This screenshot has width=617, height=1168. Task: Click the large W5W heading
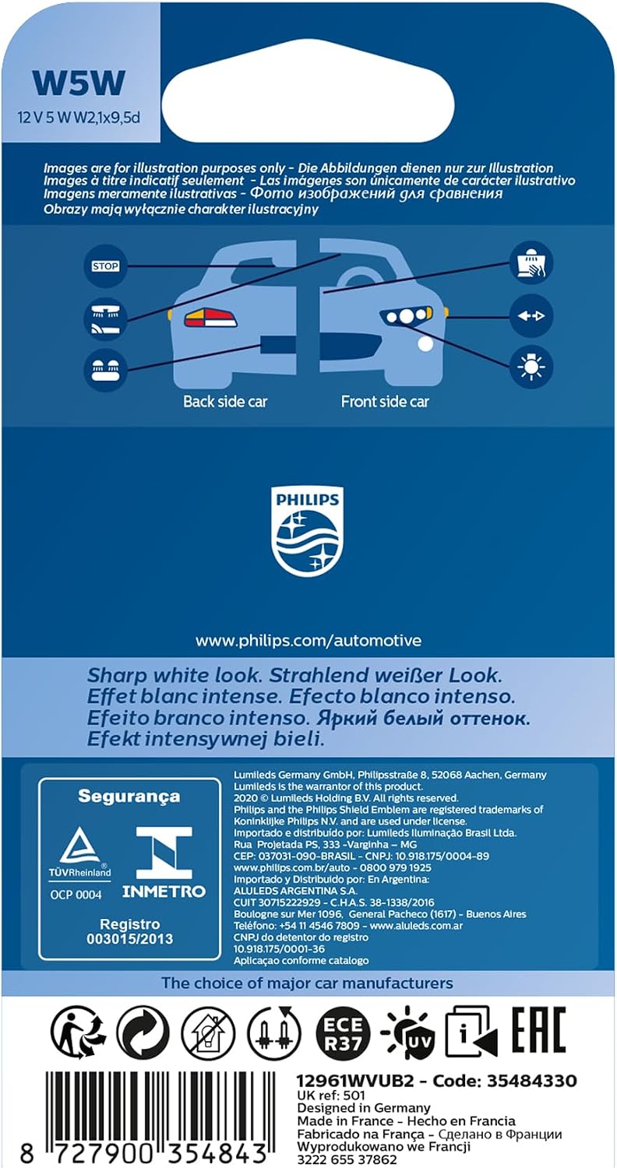click(79, 83)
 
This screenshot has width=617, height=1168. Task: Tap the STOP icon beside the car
click(105, 266)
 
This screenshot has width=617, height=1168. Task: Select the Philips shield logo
click(307, 532)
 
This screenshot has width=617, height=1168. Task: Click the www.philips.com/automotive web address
click(308, 640)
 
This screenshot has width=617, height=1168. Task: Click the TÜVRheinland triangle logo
click(79, 853)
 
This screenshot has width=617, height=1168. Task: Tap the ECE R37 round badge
click(344, 1033)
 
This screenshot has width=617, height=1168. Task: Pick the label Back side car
click(225, 402)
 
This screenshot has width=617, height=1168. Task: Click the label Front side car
click(385, 402)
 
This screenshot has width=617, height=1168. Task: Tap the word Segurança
click(129, 797)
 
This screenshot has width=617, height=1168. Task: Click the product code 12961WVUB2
click(354, 1081)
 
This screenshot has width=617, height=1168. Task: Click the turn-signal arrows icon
click(531, 316)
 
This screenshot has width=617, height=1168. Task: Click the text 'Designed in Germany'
click(364, 1107)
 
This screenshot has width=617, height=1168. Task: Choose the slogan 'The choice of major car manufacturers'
click(307, 983)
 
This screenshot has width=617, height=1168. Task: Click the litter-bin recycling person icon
click(77, 1033)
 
